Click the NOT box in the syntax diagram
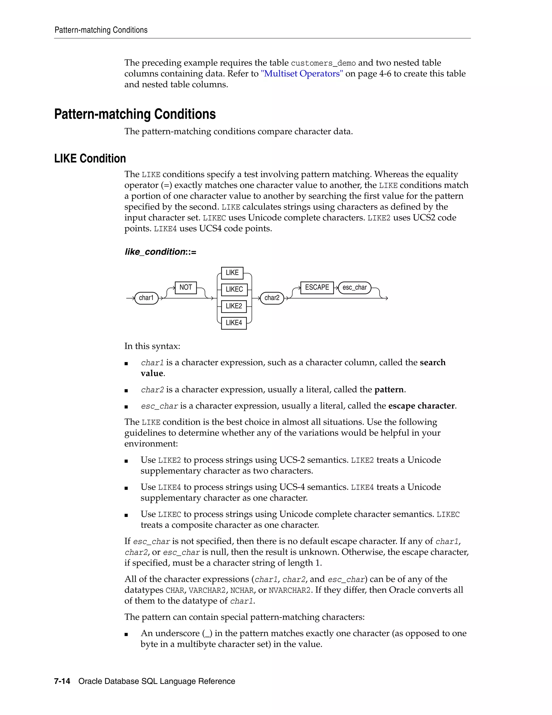[x=185, y=287]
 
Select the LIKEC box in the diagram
[x=234, y=290]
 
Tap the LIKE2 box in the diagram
[x=234, y=306]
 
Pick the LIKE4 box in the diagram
[x=234, y=323]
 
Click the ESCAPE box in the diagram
[x=317, y=287]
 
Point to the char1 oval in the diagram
[x=146, y=298]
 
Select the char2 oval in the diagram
[x=272, y=298]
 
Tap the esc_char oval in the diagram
[x=354, y=287]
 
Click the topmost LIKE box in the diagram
[x=232, y=273]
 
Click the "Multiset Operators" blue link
[x=302, y=74]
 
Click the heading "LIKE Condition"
[x=90, y=158]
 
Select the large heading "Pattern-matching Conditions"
[x=135, y=114]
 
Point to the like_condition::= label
[x=160, y=252]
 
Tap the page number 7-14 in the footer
[x=62, y=681]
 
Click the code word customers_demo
[x=323, y=63]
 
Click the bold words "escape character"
[x=421, y=406]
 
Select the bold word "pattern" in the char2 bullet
[x=389, y=390]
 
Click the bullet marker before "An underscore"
[x=126, y=634]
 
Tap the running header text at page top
[x=101, y=30]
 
